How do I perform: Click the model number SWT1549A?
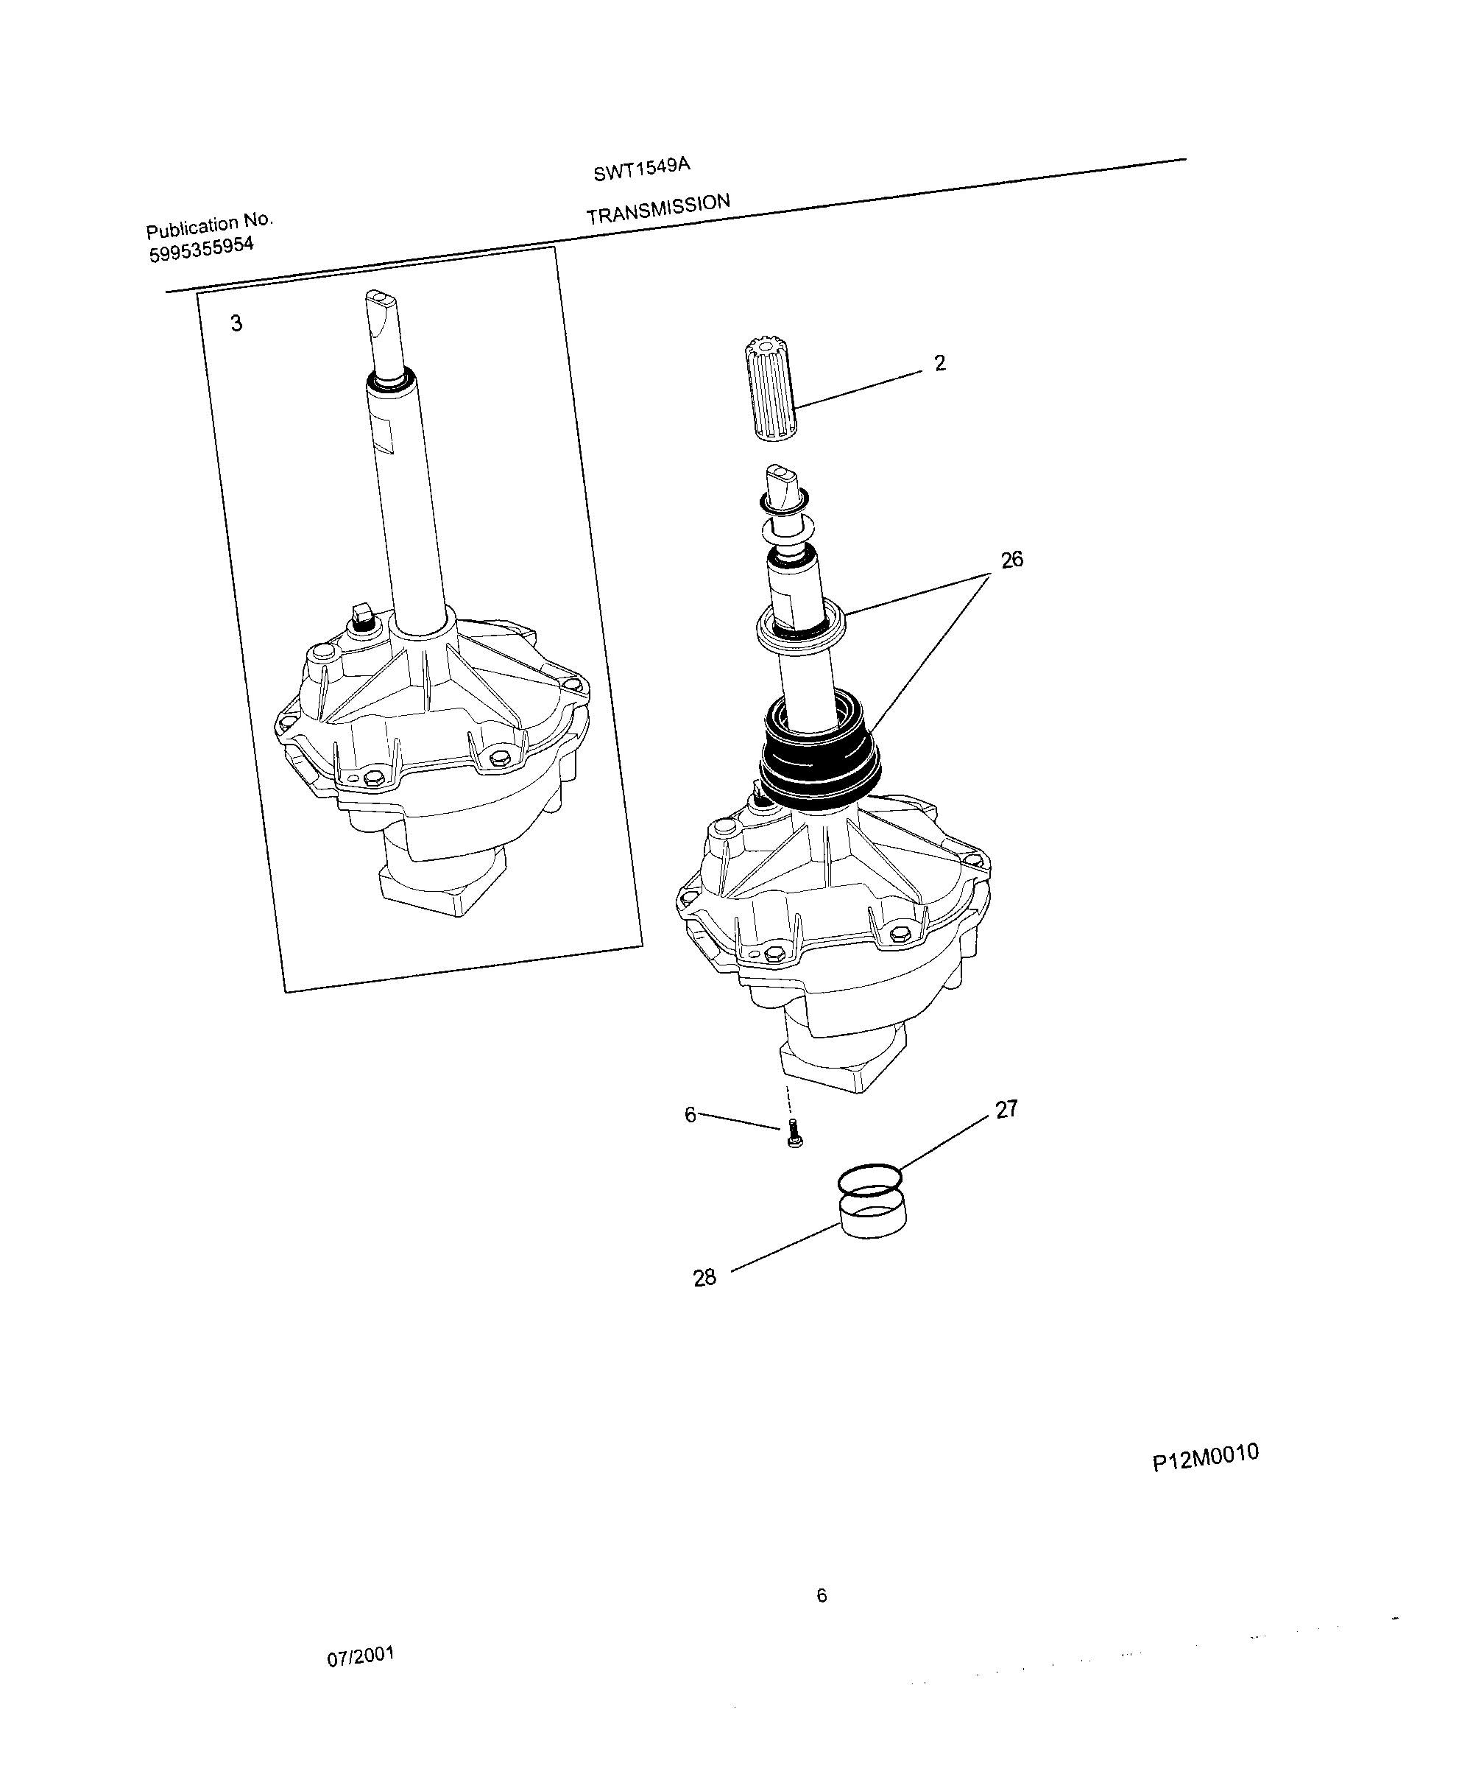click(x=641, y=169)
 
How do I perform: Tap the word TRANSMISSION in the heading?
click(x=657, y=208)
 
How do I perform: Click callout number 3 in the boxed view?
click(x=236, y=323)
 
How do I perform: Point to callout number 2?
click(x=939, y=363)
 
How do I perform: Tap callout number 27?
click(x=1006, y=1109)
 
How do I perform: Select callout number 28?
click(x=704, y=1278)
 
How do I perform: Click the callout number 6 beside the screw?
click(x=690, y=1115)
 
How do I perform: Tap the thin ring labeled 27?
click(x=869, y=1178)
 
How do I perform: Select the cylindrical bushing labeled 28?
click(x=872, y=1216)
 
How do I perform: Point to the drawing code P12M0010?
click(x=1205, y=1457)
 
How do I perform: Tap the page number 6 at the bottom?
click(x=821, y=1596)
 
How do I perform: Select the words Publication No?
click(x=209, y=226)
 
